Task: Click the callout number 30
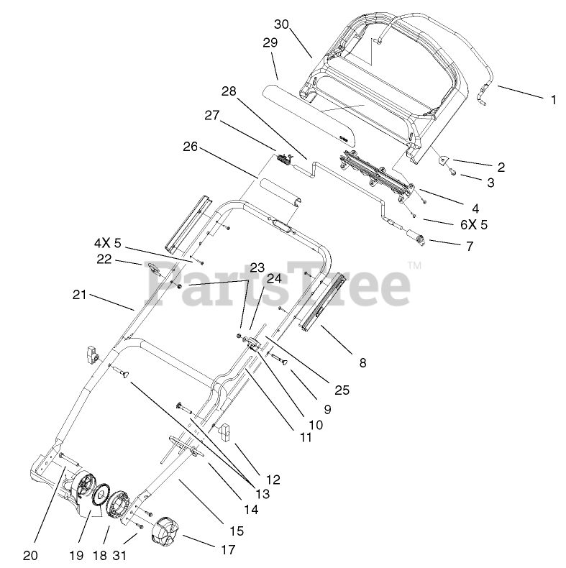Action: point(281,24)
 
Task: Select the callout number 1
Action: point(553,100)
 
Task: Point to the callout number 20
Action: point(29,555)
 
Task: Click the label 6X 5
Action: point(474,224)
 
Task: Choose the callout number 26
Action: point(190,147)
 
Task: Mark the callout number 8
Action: point(362,363)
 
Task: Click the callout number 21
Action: point(80,293)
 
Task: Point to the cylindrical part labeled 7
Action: point(417,237)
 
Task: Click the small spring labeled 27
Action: point(282,159)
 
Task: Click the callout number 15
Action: point(237,531)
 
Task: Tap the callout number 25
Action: point(342,390)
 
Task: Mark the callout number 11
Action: point(306,436)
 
